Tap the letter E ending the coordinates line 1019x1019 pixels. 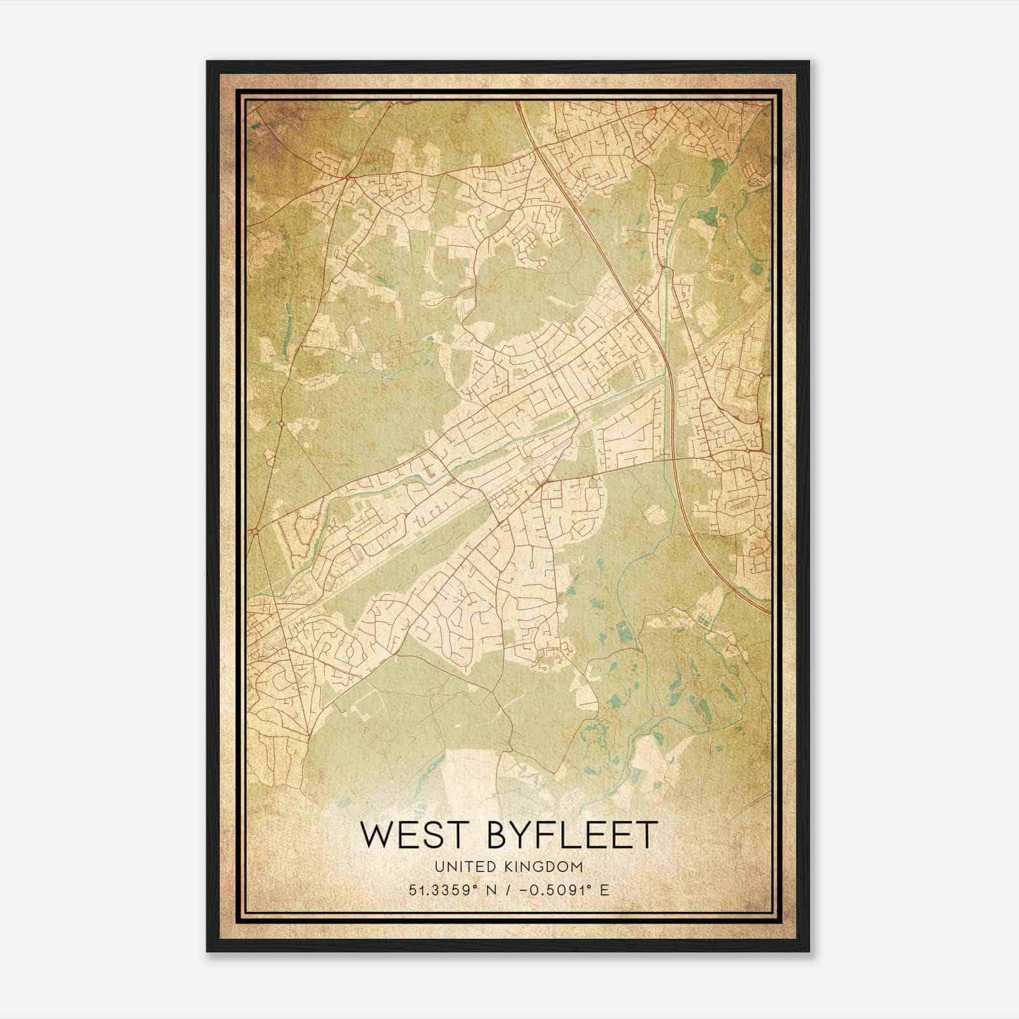tap(604, 890)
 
